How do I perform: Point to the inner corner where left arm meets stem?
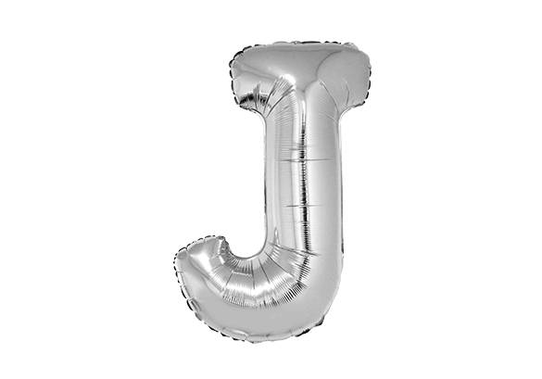(265, 114)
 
